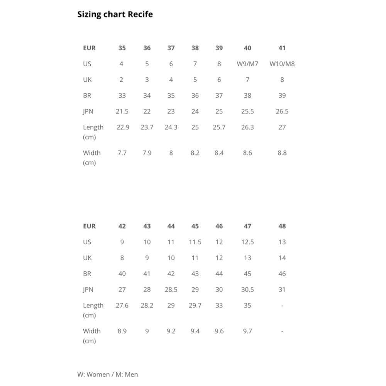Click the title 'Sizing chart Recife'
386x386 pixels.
point(115,15)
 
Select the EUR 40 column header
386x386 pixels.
point(247,48)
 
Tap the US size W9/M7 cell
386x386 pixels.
point(247,64)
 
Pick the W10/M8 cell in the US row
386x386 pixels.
point(282,64)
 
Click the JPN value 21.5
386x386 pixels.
point(122,112)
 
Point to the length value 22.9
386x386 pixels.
point(123,127)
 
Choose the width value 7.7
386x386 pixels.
point(122,153)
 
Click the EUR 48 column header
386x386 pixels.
point(282,226)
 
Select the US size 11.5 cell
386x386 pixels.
point(195,242)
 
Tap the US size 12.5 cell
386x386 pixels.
point(247,242)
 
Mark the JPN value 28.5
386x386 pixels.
point(171,289)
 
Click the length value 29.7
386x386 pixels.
point(195,305)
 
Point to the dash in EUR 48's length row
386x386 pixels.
point(282,305)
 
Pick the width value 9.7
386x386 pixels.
point(247,331)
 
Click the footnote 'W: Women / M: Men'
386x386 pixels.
point(108,374)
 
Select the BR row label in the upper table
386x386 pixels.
point(87,96)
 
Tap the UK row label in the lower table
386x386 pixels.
point(87,258)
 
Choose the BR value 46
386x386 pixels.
point(282,274)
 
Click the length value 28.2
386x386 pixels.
point(147,305)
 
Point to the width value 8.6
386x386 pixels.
point(247,153)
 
